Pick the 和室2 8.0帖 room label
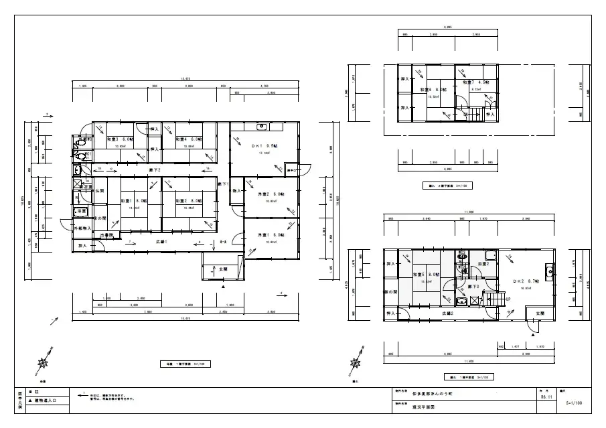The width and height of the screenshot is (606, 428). (185, 200)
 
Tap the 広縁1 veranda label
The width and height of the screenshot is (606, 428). (161, 241)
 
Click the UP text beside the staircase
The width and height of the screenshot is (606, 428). (509, 299)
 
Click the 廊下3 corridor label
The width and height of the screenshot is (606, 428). (473, 286)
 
